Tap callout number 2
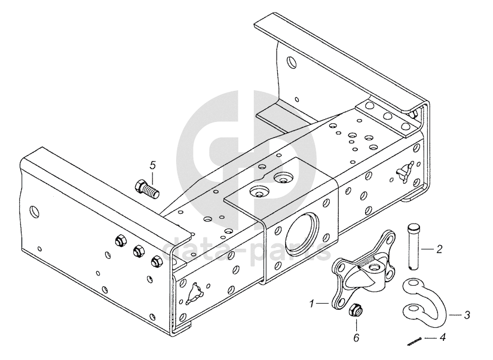(439, 248)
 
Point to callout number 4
(442, 337)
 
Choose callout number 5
(152, 164)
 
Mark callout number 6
(356, 338)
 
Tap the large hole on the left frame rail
(35, 210)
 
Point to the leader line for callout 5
(152, 176)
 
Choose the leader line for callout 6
(356, 325)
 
